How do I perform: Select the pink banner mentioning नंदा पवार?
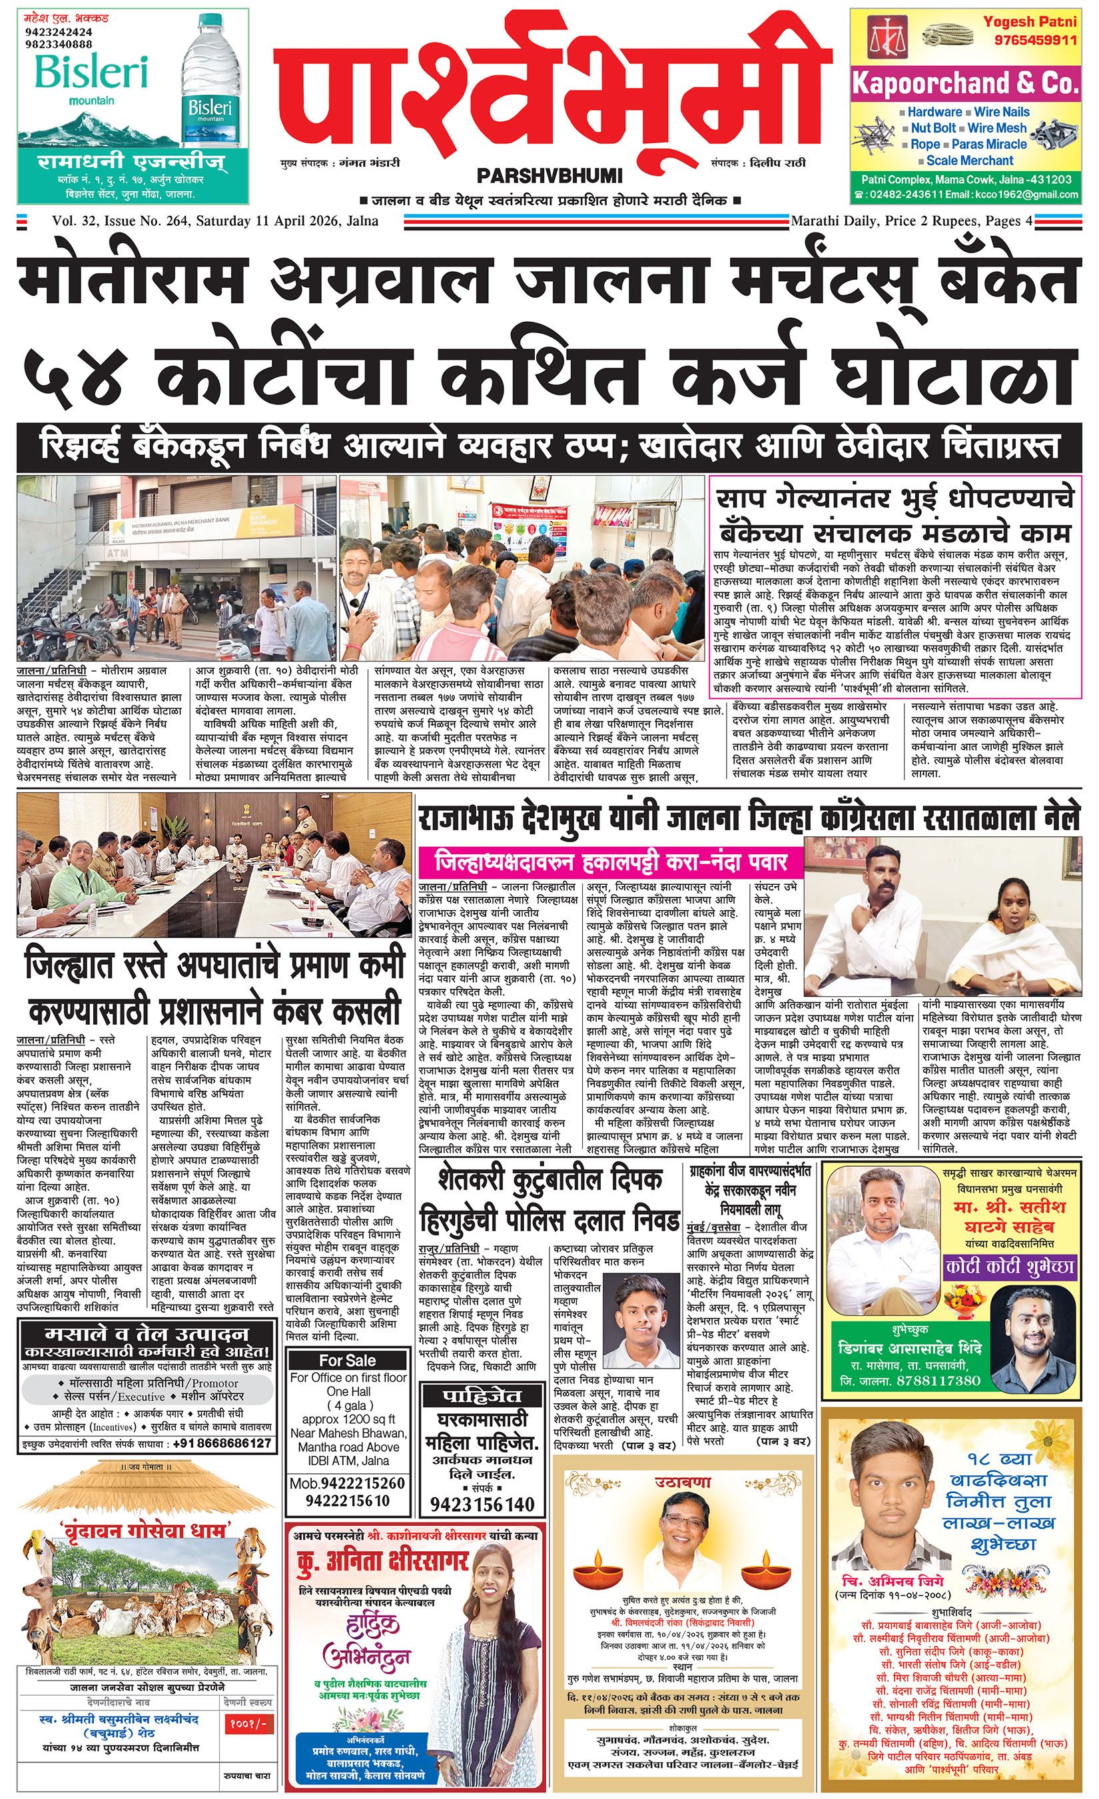pyautogui.click(x=611, y=862)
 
